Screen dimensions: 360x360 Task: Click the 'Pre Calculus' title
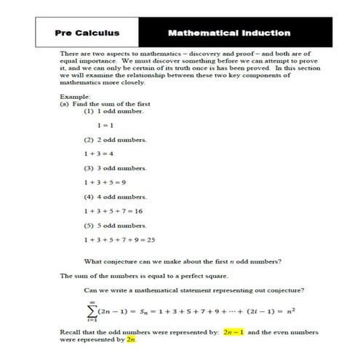(87, 33)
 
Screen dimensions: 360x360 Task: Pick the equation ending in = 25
(120, 239)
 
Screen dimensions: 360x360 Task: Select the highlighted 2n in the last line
(131, 339)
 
